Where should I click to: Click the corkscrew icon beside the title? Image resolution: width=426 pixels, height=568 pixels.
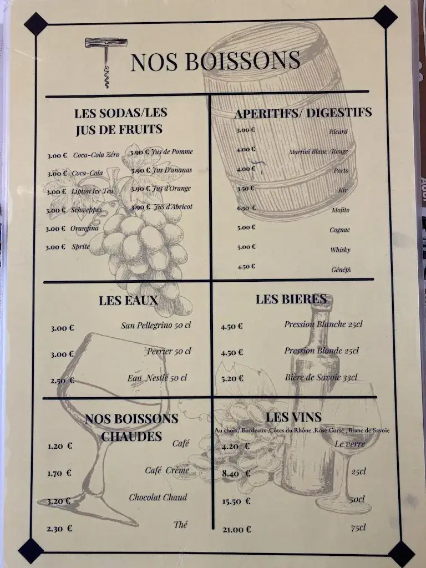(x=106, y=62)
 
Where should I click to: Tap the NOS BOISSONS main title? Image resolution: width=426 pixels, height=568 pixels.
(x=215, y=60)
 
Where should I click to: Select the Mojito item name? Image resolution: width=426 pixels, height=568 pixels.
(x=340, y=210)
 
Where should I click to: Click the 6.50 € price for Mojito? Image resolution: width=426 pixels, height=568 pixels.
(x=246, y=208)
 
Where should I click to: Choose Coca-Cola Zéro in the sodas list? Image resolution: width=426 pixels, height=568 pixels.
(x=96, y=155)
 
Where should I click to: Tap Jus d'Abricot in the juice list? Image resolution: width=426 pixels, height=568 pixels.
(x=173, y=207)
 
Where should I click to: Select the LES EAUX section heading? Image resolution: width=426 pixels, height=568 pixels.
(x=129, y=300)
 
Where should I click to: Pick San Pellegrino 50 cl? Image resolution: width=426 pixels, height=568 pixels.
(x=156, y=325)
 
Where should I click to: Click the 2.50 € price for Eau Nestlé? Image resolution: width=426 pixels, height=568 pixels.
(x=62, y=381)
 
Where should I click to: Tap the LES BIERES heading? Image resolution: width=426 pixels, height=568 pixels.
(x=291, y=299)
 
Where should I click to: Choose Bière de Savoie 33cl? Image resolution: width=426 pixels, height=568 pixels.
(x=321, y=377)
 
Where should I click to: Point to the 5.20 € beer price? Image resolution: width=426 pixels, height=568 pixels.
(x=232, y=378)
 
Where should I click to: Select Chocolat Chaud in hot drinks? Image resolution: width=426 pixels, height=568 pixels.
(x=158, y=497)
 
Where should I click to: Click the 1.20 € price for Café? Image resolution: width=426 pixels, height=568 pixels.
(x=60, y=446)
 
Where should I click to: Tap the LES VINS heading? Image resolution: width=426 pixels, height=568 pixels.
(x=294, y=417)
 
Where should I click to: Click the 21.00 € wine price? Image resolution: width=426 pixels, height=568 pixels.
(x=236, y=530)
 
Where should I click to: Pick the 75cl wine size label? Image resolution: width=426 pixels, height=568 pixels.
(x=358, y=528)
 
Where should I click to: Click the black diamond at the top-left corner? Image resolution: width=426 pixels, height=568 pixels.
(x=36, y=24)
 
